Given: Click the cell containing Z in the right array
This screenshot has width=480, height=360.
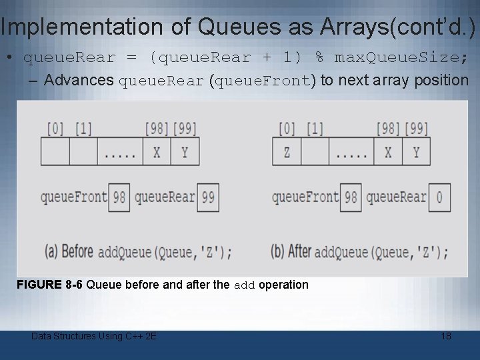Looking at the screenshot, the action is pyautogui.click(x=287, y=152).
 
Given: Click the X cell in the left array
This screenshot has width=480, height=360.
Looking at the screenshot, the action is pyautogui.click(x=157, y=152).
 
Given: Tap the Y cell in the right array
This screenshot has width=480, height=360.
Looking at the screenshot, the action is pyautogui.click(x=416, y=152).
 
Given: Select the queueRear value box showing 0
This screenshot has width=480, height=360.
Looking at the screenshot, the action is pyautogui.click(x=439, y=197).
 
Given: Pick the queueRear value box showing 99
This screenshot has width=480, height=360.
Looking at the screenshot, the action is pyautogui.click(x=208, y=197).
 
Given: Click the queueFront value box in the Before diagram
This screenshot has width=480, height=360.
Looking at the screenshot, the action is pyautogui.click(x=119, y=197).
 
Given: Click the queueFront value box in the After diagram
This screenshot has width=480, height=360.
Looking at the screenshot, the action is pyautogui.click(x=351, y=197).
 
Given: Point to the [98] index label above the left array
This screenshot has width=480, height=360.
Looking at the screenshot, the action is pyautogui.click(x=157, y=128).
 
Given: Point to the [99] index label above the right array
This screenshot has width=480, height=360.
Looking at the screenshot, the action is pyautogui.click(x=416, y=128).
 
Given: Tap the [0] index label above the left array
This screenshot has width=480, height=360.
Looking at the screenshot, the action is pyautogui.click(x=55, y=128).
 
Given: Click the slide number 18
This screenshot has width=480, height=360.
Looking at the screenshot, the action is pyautogui.click(x=446, y=336).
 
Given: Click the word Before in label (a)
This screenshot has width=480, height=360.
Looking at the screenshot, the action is pyautogui.click(x=77, y=252).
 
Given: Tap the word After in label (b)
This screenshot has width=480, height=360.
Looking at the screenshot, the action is pyautogui.click(x=300, y=252).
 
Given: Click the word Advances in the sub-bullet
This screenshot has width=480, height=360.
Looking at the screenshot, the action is pyautogui.click(x=79, y=81).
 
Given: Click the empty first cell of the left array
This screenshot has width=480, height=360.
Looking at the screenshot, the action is pyautogui.click(x=55, y=152).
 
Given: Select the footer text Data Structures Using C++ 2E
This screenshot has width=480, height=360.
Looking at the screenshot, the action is pyautogui.click(x=94, y=336).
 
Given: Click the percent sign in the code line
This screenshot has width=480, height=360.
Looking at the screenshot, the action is pyautogui.click(x=319, y=57).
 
